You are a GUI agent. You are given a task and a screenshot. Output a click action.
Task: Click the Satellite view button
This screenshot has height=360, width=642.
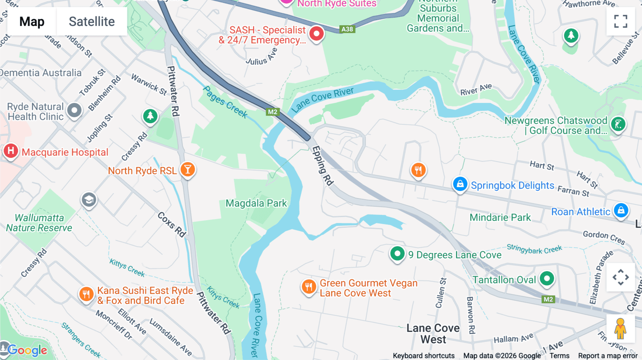pyautogui.click(x=92, y=21)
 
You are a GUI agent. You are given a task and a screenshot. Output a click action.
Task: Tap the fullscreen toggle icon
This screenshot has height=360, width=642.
pyautogui.click(x=621, y=21)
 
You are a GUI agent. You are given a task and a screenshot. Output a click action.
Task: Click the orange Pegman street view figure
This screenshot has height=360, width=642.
pyautogui.click(x=620, y=328)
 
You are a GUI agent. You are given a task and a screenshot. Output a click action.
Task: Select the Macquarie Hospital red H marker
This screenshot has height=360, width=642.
pyautogui.click(x=11, y=151)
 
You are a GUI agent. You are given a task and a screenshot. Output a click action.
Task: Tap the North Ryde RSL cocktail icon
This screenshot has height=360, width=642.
pyautogui.click(x=188, y=170)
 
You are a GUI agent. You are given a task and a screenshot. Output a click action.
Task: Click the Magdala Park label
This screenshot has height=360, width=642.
pyautogui.click(x=256, y=203)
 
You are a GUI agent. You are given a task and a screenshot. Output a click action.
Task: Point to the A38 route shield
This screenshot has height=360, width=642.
pyautogui.click(x=347, y=29)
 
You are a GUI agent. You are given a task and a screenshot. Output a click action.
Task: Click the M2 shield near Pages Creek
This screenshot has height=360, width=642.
pyautogui.click(x=272, y=112)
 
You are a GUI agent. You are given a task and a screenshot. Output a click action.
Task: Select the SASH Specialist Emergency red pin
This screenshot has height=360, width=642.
pyautogui.click(x=316, y=34)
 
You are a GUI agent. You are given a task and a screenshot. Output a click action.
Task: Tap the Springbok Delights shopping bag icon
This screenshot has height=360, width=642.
pyautogui.click(x=460, y=184)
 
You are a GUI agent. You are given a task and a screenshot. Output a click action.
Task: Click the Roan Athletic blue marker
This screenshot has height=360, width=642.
pyautogui.click(x=621, y=210)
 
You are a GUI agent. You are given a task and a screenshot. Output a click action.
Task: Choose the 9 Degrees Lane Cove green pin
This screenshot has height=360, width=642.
pyautogui.click(x=397, y=254)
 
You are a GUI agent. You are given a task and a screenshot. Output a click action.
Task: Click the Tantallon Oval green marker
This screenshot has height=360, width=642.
pyautogui.click(x=546, y=278)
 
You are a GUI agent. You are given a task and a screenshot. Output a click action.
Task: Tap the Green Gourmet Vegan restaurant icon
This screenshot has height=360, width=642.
pyautogui.click(x=309, y=286)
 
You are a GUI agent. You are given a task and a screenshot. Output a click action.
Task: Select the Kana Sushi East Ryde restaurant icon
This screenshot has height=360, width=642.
pyautogui.click(x=86, y=294)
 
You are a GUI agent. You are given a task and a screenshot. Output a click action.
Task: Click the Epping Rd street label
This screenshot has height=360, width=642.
pyautogui.click(x=322, y=166)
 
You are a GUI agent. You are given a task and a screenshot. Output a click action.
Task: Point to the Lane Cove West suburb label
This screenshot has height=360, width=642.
pyautogui.click(x=433, y=334)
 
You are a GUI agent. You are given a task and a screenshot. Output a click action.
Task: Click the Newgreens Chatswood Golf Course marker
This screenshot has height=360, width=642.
pyautogui.click(x=618, y=124)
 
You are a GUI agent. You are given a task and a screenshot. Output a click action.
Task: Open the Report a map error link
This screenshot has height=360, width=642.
pyautogui.click(x=607, y=356)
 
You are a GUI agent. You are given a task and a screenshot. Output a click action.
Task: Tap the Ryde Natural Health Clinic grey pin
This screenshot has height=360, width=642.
pyautogui.click(x=75, y=110)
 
